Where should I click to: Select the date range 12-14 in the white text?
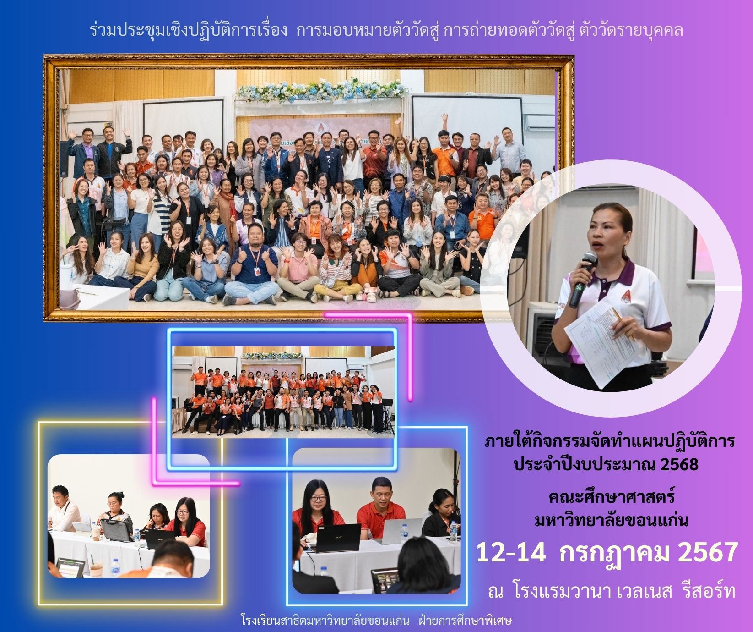point(511,553)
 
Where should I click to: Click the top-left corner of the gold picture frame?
point(44,56)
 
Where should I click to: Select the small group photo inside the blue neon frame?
point(283,392)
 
